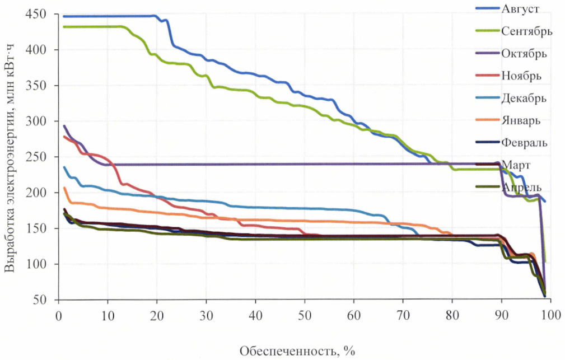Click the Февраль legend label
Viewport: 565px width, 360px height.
(x=524, y=142)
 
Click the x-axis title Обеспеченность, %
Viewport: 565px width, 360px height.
(x=297, y=351)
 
